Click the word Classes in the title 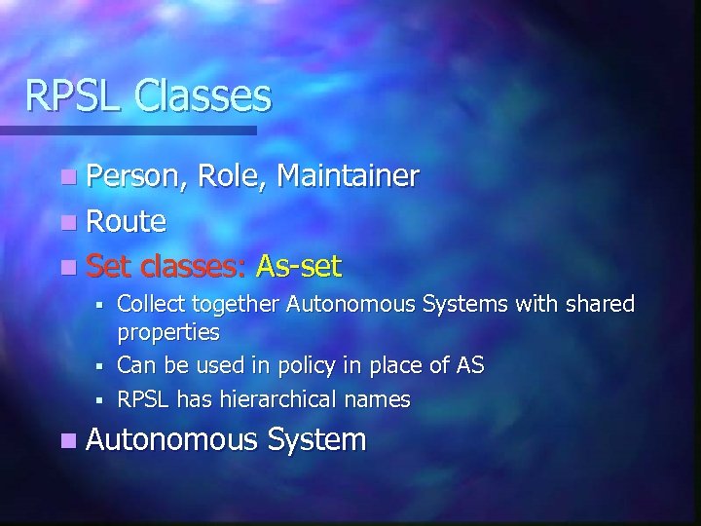click(203, 95)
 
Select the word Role click(232, 176)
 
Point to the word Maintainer click(348, 176)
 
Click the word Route click(126, 221)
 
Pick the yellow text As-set click(298, 265)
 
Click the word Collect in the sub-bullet click(150, 305)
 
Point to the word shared click(599, 305)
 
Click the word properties click(168, 333)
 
